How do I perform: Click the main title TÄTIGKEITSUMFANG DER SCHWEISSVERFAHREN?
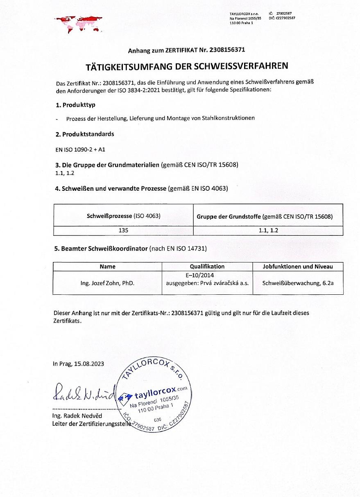point(186,66)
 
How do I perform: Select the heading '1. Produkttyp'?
point(75,105)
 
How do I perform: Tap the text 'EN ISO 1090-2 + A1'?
point(77,149)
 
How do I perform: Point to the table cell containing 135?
point(123,230)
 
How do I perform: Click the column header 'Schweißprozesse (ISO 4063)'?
point(123,215)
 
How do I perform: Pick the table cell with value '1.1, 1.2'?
point(268,230)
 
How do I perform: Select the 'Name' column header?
point(108,267)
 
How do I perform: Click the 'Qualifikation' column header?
point(207,267)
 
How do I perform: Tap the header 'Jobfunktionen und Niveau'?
point(298,267)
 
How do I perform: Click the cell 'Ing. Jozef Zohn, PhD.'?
point(108,283)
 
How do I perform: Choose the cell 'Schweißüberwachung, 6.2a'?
point(298,283)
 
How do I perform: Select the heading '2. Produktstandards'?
point(85,134)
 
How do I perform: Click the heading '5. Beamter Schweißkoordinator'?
point(101,248)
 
